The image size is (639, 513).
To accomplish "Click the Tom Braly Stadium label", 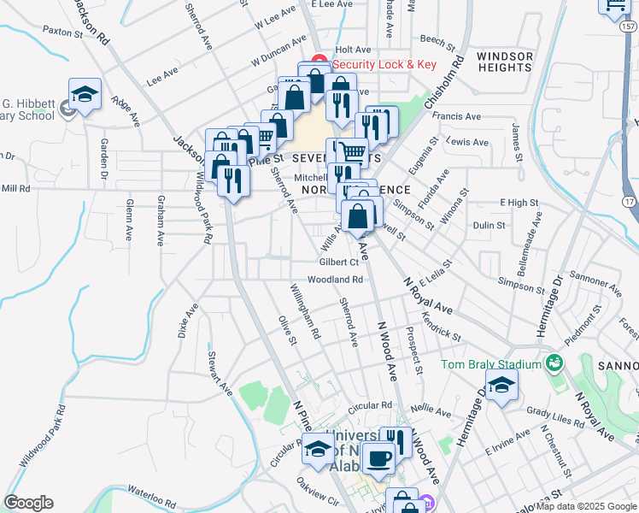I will [491, 364].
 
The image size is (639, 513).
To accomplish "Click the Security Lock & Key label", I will [384, 64].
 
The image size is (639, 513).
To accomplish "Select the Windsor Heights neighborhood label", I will [505, 62].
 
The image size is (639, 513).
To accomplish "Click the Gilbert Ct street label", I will [339, 262].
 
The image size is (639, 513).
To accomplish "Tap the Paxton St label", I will [62, 31].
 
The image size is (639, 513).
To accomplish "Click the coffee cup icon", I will [378, 457].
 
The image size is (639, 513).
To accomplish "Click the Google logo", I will [28, 503].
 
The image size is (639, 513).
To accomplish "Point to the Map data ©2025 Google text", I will [586, 505].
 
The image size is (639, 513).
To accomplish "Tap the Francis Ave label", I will [457, 116].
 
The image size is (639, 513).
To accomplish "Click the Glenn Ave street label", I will [129, 221].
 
